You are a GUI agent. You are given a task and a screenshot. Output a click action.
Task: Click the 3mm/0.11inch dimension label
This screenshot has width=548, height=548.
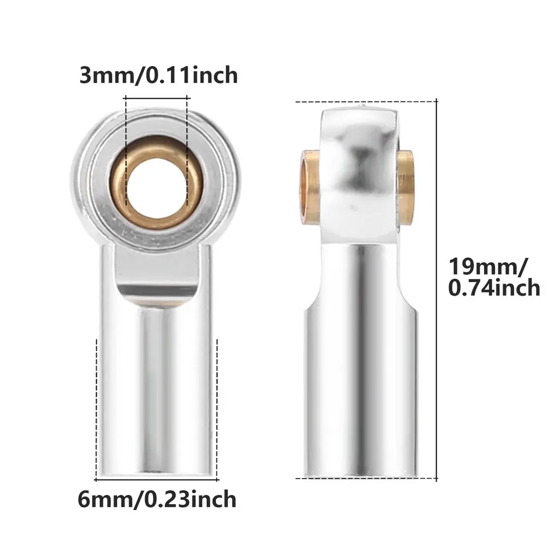point(158,75)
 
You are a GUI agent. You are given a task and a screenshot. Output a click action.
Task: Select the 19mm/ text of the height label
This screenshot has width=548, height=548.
point(487,266)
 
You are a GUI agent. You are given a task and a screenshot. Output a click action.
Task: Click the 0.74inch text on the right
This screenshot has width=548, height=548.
point(494,288)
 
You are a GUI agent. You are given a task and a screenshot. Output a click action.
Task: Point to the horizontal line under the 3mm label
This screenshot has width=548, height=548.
point(156,97)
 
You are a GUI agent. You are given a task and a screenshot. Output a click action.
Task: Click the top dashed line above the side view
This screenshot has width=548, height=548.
point(367,101)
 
